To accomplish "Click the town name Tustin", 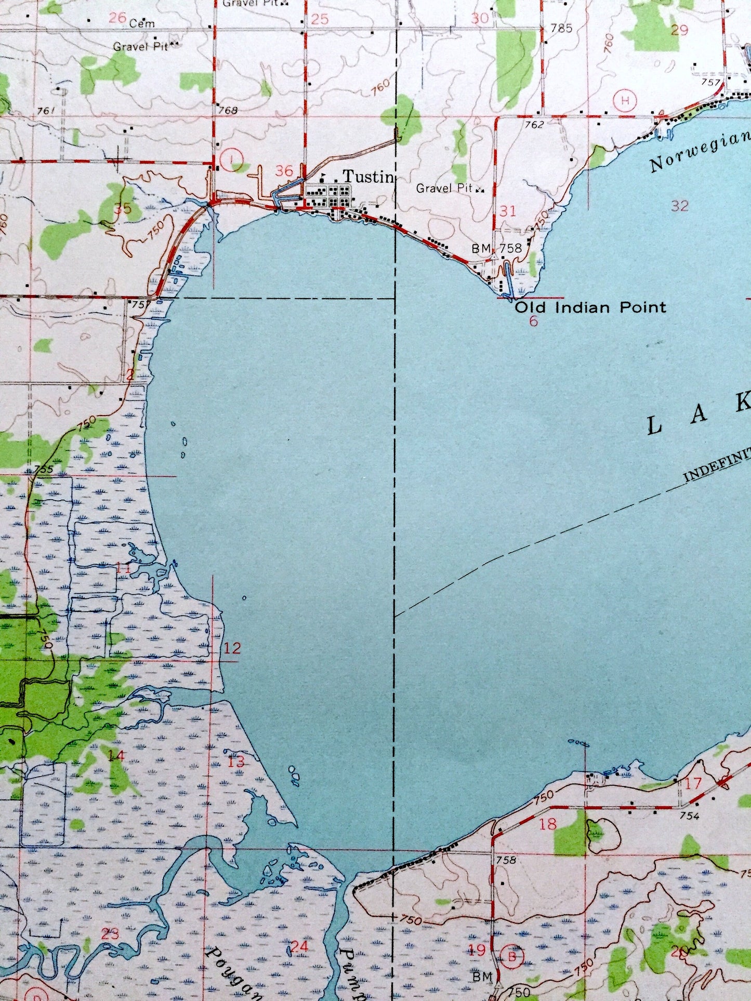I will point(367,177).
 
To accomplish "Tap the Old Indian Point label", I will point(590,308).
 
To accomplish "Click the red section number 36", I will point(284,171).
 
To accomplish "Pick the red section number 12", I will point(232,648).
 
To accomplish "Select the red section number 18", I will point(548,823).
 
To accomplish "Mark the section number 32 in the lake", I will point(679,206).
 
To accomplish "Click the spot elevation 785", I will point(561,28).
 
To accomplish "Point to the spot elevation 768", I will point(228,110).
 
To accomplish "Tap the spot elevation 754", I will point(689,816).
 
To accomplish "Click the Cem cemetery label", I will point(142,23).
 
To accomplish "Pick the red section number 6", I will point(533,322).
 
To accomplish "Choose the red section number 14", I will point(116,755).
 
